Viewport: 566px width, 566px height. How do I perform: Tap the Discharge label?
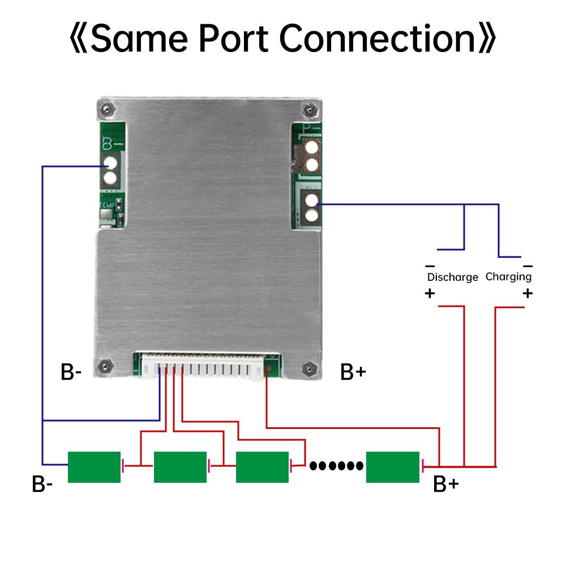click(452, 277)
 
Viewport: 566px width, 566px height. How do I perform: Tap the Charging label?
click(508, 277)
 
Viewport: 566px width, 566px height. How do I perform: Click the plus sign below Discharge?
click(430, 293)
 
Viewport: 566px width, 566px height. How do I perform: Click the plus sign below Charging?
click(528, 293)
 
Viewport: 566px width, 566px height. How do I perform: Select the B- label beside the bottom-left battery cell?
click(42, 484)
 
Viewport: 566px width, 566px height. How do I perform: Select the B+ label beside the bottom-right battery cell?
click(445, 484)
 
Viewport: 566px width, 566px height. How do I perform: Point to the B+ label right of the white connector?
click(353, 372)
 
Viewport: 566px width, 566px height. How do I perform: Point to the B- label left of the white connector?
click(71, 372)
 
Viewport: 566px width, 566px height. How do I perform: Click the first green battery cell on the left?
click(94, 467)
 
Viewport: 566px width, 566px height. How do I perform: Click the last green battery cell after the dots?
click(392, 467)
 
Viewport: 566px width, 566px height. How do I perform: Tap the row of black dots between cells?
click(336, 466)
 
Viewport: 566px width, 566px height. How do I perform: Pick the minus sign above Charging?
click(528, 265)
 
